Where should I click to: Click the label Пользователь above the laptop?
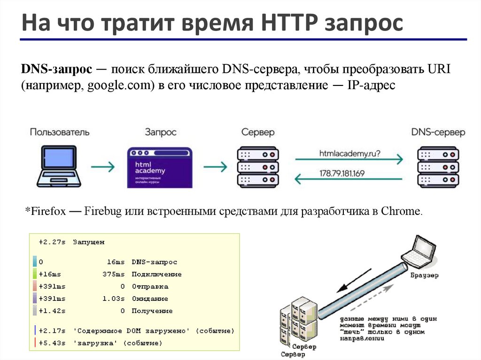pyautogui.click(x=60, y=132)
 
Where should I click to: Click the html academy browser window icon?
pyautogui.click(x=160, y=168)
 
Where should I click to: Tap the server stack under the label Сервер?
pyautogui.click(x=258, y=167)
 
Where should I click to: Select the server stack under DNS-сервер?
pyautogui.click(x=438, y=167)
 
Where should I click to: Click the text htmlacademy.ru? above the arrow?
pyautogui.click(x=350, y=153)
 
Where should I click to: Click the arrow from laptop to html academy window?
pyautogui.click(x=103, y=167)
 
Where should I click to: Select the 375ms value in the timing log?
pyautogui.click(x=114, y=274)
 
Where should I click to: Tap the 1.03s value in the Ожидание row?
pyautogui.click(x=114, y=299)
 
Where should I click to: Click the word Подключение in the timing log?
pyautogui.click(x=156, y=274)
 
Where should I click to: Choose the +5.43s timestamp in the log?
pyautogui.click(x=52, y=343)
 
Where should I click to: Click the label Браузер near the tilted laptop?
pyautogui.click(x=424, y=276)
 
